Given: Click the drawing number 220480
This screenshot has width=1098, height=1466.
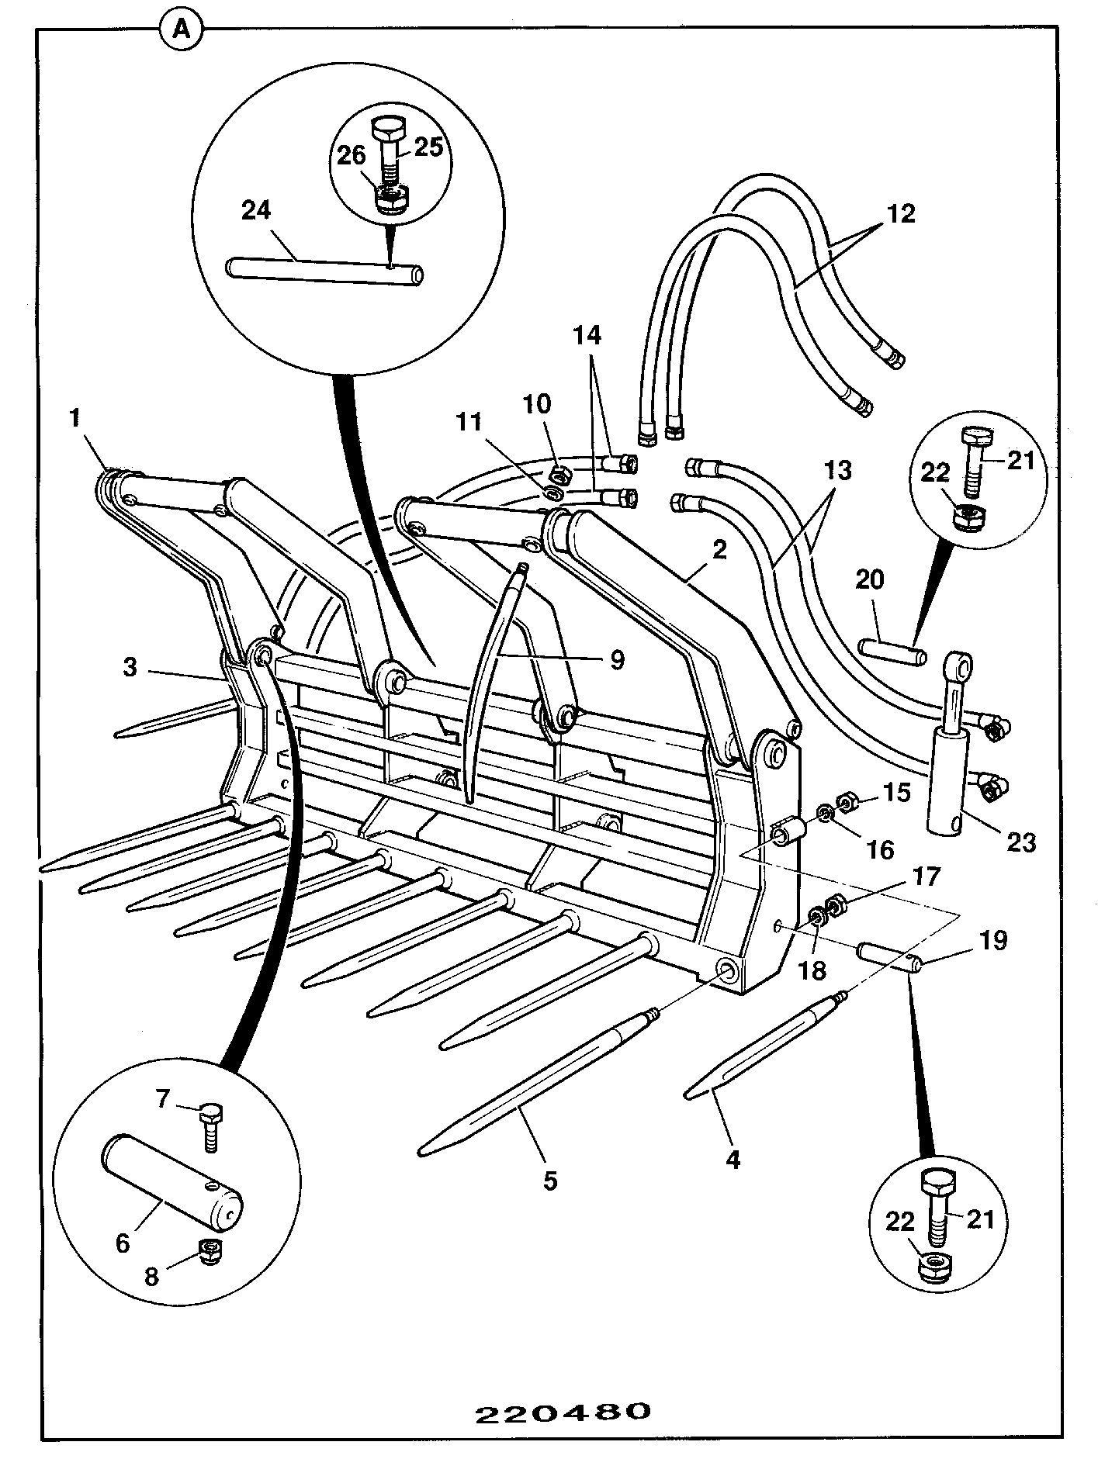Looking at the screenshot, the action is coord(563,1412).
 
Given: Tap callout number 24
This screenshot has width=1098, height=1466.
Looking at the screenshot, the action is coord(256,210).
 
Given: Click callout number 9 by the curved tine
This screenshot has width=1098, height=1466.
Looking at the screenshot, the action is coord(618,660).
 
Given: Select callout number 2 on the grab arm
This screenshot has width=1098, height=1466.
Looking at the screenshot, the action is coord(719,551).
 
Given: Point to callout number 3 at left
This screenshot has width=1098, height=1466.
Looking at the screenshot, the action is coord(130,667).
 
